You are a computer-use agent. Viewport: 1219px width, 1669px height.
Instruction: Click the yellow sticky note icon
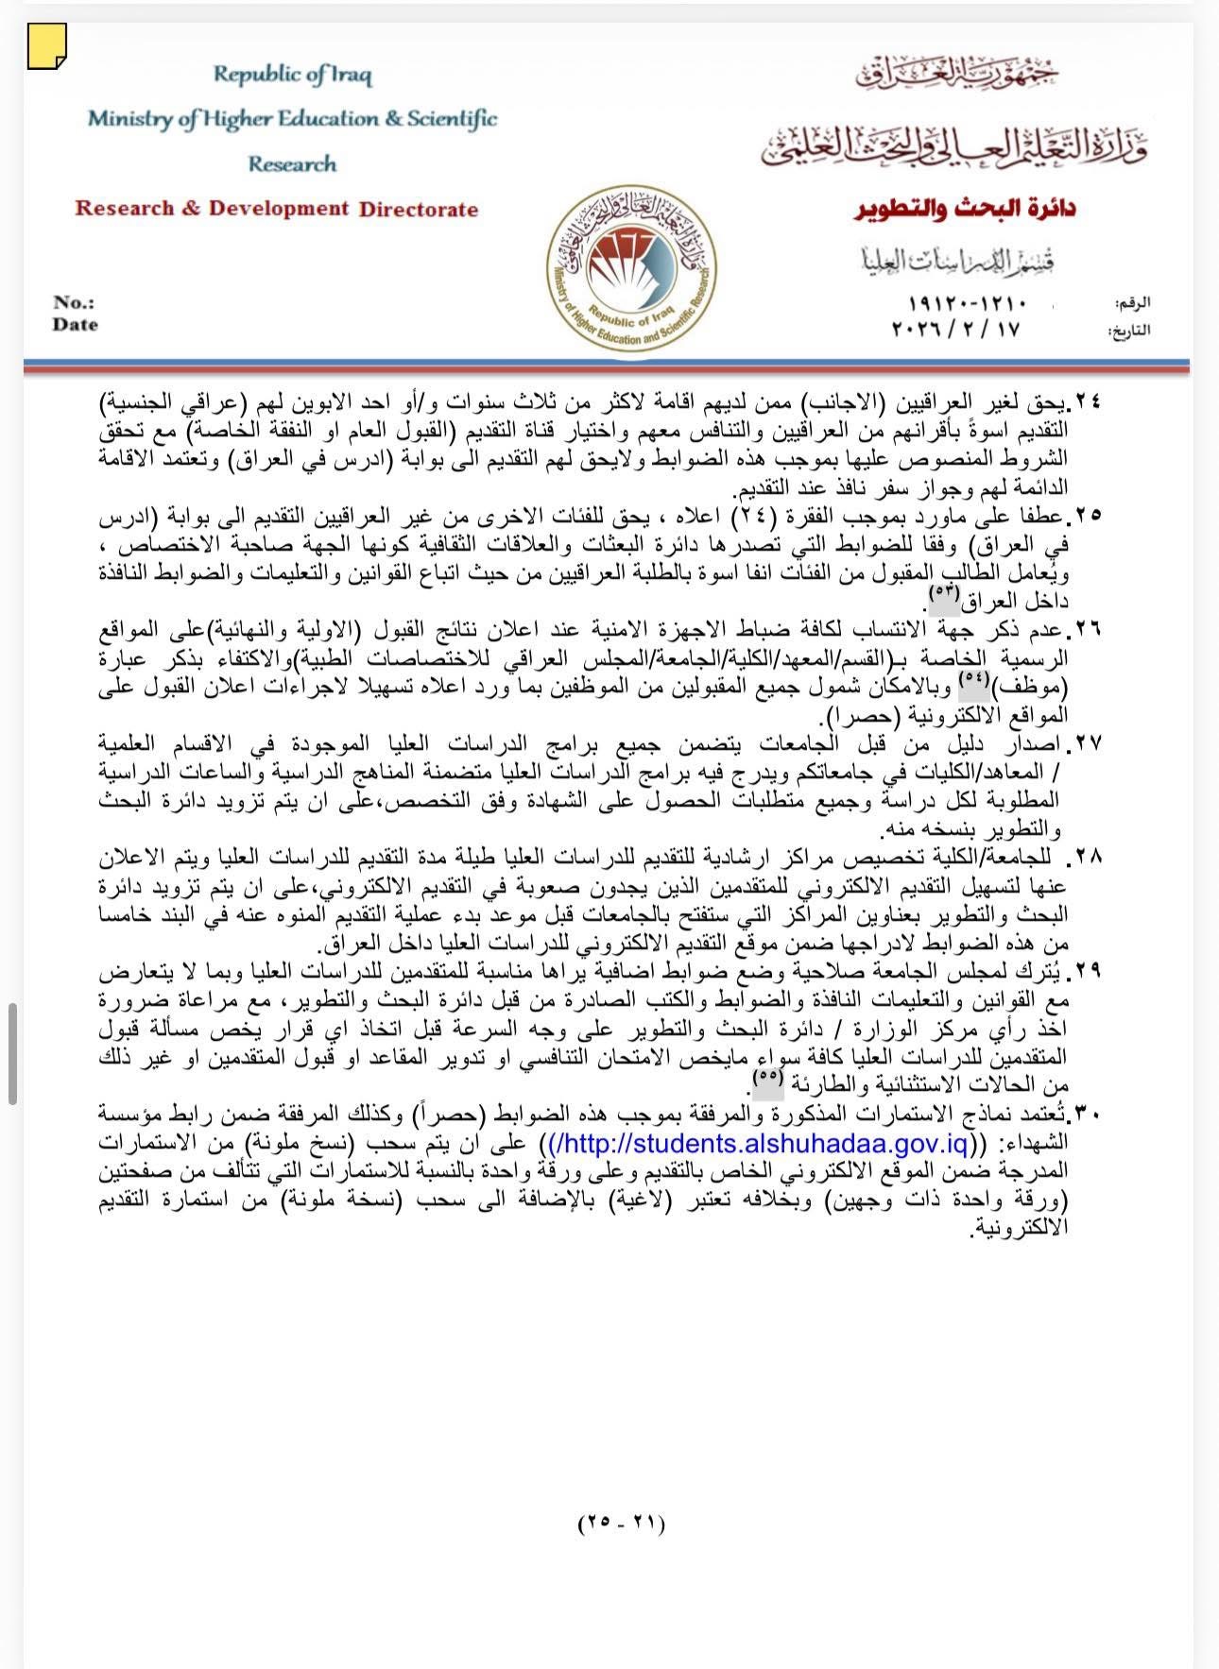46,48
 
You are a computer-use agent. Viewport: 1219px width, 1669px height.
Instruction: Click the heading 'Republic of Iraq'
292,75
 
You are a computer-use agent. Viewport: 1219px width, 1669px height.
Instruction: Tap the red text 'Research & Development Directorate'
277,209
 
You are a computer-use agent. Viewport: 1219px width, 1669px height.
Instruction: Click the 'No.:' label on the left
74,302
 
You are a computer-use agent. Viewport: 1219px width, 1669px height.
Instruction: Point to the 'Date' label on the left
76,324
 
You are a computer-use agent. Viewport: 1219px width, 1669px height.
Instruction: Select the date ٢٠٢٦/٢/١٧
955,329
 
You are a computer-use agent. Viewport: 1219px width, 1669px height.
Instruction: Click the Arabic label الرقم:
1133,304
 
